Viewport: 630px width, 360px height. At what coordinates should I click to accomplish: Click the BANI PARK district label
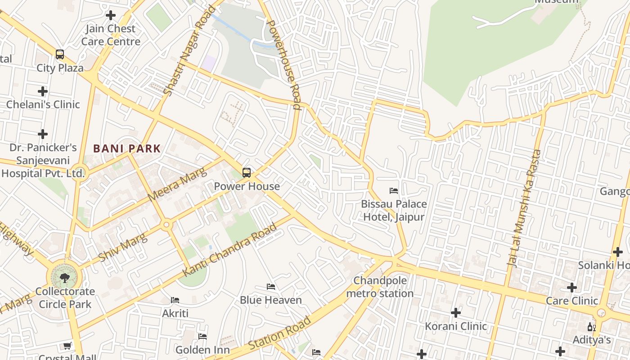pyautogui.click(x=127, y=148)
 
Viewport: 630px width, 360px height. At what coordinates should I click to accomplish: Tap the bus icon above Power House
pyautogui.click(x=246, y=172)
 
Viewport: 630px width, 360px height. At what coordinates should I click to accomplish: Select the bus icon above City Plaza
pyautogui.click(x=60, y=54)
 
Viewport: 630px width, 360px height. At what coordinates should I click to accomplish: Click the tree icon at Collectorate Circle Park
pyautogui.click(x=65, y=277)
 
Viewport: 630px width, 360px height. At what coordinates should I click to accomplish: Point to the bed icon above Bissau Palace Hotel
pyautogui.click(x=394, y=191)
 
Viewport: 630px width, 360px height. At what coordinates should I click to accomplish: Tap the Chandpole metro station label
pyautogui.click(x=380, y=287)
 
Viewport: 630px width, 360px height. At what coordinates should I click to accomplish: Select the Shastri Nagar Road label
pyautogui.click(x=183, y=50)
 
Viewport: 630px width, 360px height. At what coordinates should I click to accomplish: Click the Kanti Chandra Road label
pyautogui.click(x=229, y=250)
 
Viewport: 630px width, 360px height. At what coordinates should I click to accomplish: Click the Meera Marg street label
pyautogui.click(x=177, y=184)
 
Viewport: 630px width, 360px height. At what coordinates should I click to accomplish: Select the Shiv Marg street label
pyautogui.click(x=123, y=247)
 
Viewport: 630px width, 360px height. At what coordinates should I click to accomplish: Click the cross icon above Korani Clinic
pyautogui.click(x=456, y=312)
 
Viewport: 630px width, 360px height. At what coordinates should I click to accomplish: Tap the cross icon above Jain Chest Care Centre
pyautogui.click(x=110, y=15)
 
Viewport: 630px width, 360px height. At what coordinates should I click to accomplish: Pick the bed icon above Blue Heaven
pyautogui.click(x=270, y=287)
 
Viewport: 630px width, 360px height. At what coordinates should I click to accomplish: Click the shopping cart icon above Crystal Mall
pyautogui.click(x=67, y=346)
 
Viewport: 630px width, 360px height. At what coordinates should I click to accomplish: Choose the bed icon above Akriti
pyautogui.click(x=175, y=300)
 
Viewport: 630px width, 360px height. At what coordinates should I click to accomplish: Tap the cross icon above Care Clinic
pyautogui.click(x=571, y=287)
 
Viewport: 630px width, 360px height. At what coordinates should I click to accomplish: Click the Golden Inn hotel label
pyautogui.click(x=202, y=350)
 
